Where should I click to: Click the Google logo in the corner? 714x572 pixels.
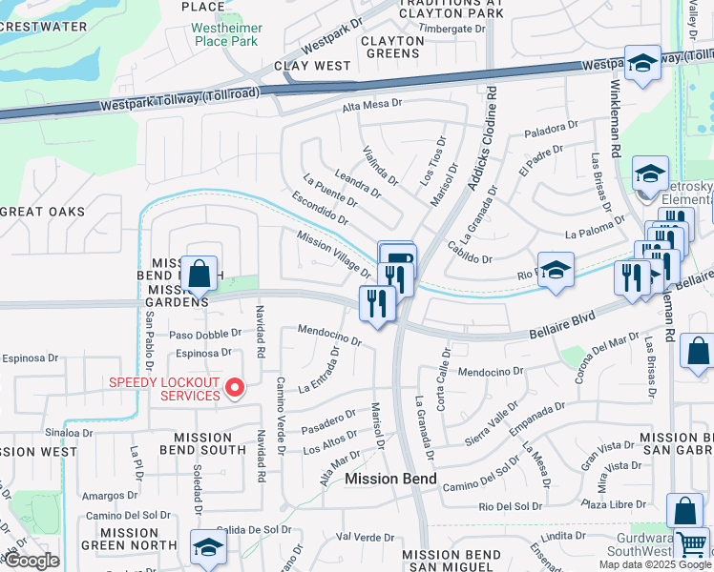click(x=31, y=561)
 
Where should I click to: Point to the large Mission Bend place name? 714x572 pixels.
click(x=390, y=479)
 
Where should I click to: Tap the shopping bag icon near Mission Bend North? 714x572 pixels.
click(x=199, y=275)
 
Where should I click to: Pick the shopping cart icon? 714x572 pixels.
click(x=693, y=545)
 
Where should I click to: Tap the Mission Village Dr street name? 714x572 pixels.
click(x=333, y=255)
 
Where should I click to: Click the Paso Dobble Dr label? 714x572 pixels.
click(x=205, y=335)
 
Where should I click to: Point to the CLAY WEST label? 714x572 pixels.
click(x=312, y=66)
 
